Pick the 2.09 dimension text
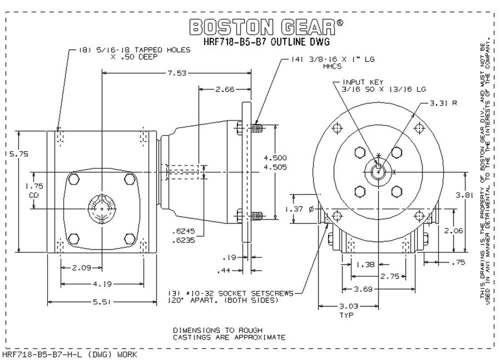pyautogui.click(x=81, y=267)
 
